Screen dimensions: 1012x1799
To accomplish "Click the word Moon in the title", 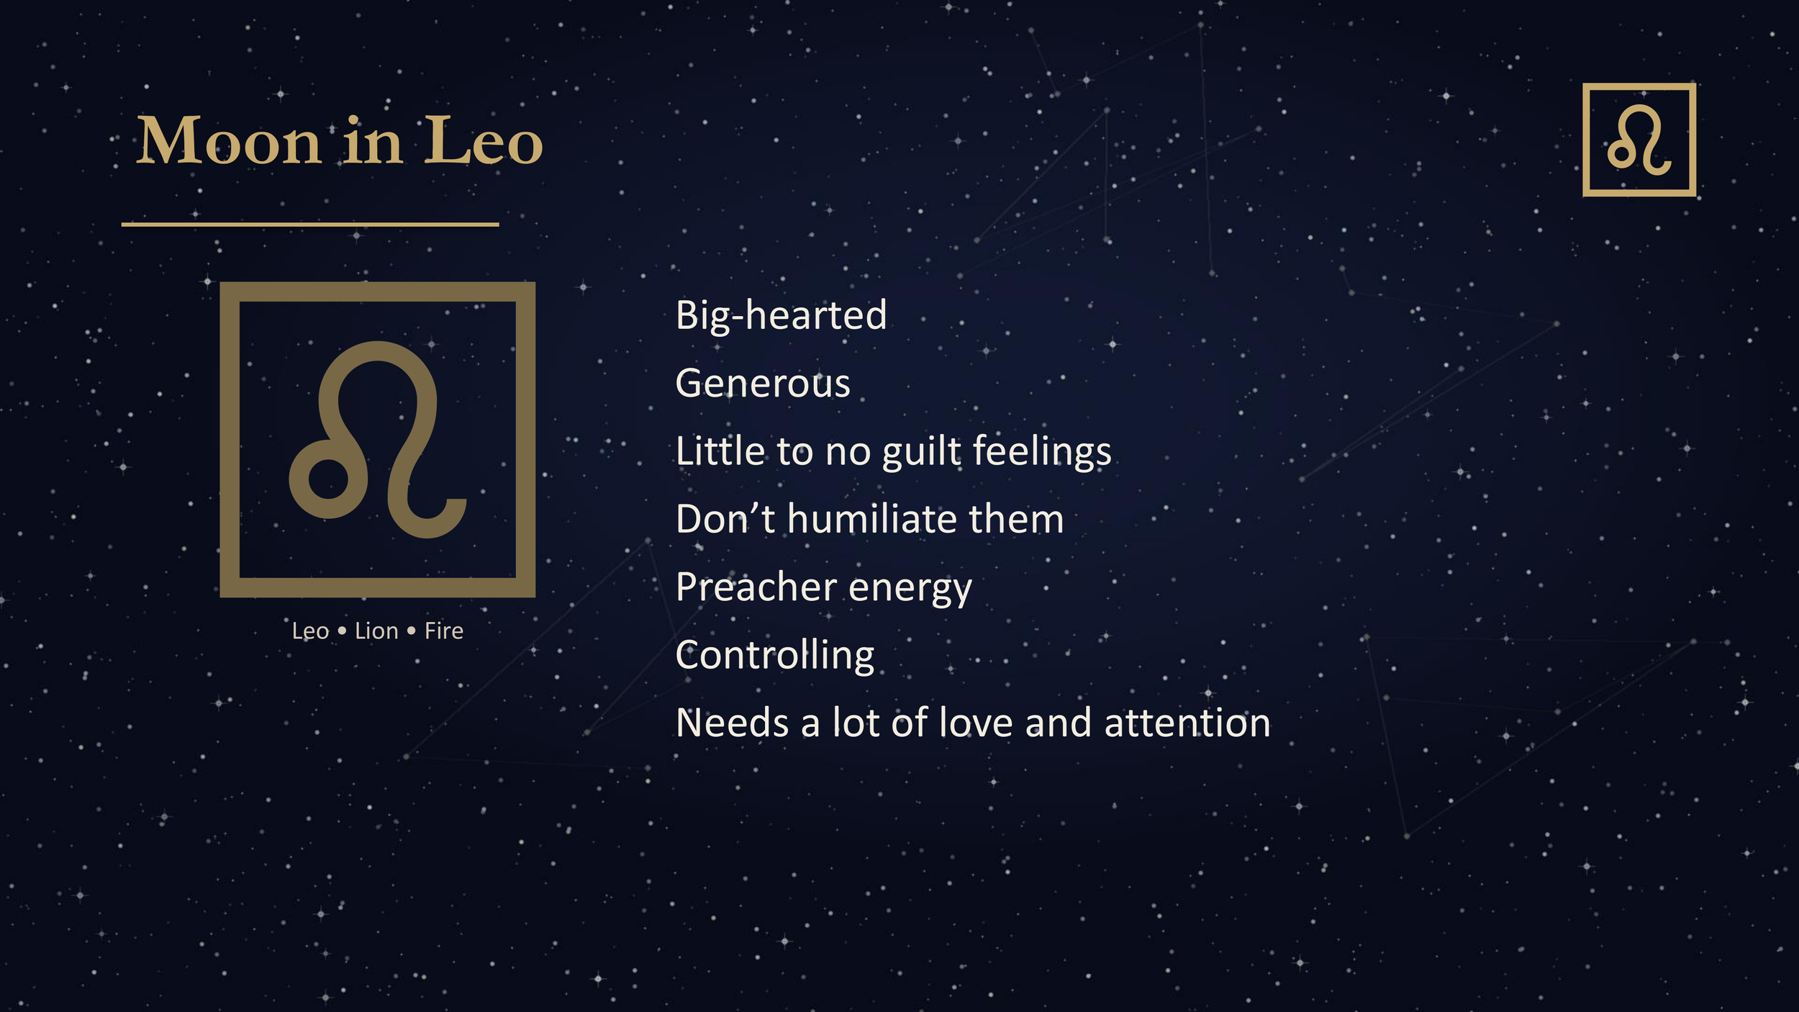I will coord(228,141).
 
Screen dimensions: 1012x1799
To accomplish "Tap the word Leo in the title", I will coord(483,141).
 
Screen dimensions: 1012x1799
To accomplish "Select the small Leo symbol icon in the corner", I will coord(1639,140).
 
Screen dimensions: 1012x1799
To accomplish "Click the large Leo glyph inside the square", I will coord(378,440).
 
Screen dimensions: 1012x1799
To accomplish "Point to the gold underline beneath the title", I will coord(310,225).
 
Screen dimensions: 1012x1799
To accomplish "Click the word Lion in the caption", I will coord(376,631).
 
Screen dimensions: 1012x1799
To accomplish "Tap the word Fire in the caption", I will coord(443,631).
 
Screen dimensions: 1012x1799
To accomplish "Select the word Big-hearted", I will coord(781,315).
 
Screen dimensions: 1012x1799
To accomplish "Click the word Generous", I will coord(763,383).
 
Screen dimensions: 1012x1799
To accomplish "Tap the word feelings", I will coord(1042,452).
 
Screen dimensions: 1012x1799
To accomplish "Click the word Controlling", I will coord(775,656).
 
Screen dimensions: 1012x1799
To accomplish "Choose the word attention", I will coord(1187,723).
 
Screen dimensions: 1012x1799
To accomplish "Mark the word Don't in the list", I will coord(725,519).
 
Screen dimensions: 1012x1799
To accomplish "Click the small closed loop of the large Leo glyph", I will coord(328,479).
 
